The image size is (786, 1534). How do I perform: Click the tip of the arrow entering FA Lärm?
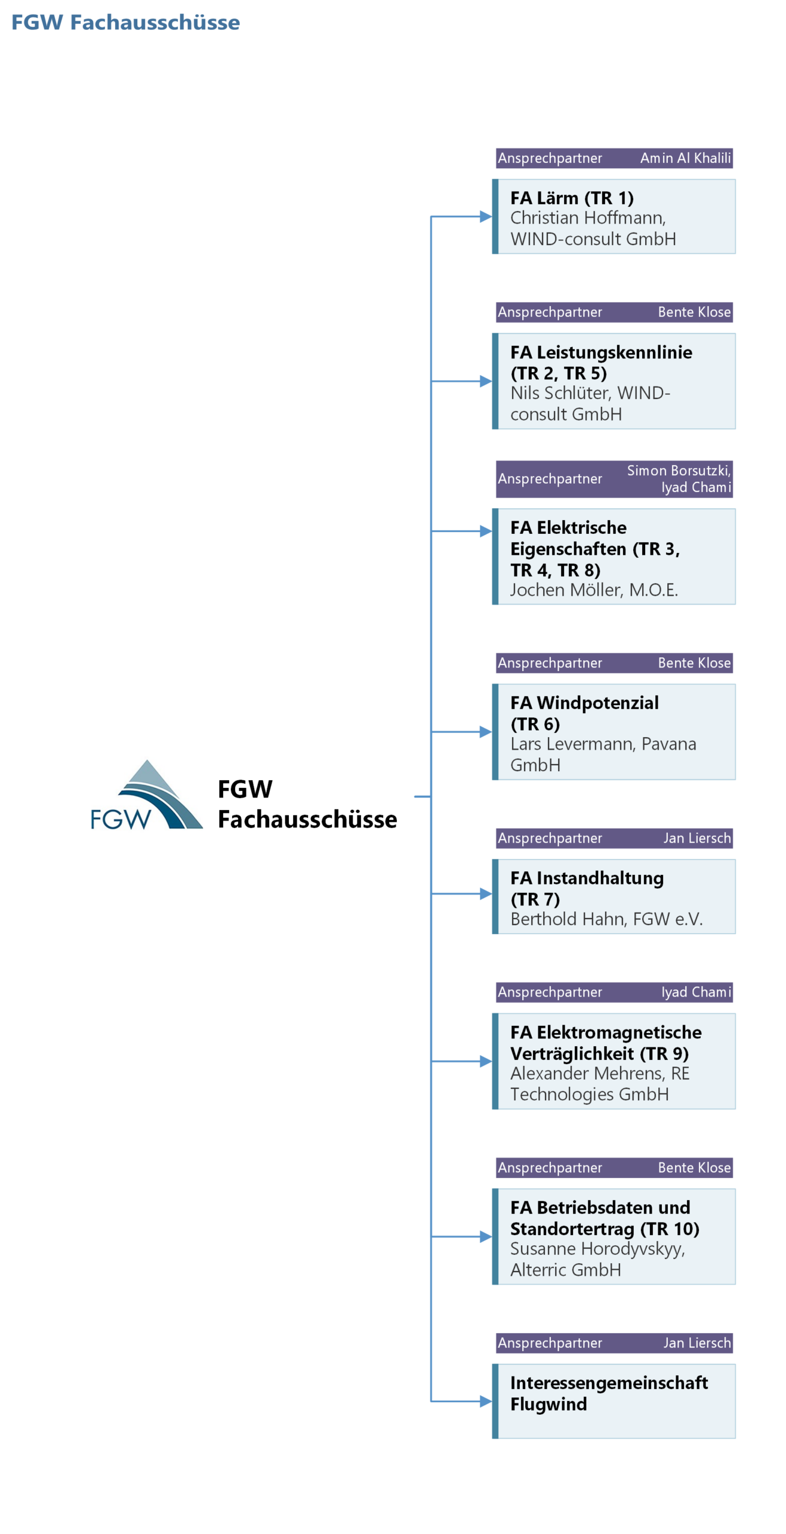click(492, 216)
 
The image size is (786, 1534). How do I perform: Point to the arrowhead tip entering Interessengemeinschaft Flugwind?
click(492, 1401)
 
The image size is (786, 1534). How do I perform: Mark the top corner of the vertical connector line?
click(430, 216)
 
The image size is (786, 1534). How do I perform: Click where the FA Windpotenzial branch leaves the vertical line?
click(430, 732)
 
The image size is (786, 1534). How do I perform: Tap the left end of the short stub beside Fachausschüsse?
click(414, 796)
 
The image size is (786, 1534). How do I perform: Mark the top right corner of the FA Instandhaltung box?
click(735, 859)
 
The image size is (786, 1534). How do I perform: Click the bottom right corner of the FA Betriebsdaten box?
click(735, 1284)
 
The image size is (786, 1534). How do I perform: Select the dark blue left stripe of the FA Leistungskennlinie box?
click(495, 381)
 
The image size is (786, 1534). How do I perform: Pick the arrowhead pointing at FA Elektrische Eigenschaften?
click(486, 531)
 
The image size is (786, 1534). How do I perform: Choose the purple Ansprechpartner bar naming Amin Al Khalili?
click(614, 158)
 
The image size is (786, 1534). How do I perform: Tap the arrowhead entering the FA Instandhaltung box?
click(486, 893)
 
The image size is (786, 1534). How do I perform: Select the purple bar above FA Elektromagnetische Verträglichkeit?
click(614, 992)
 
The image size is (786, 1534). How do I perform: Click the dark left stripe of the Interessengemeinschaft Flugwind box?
click(495, 1401)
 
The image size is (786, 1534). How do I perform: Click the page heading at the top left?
click(125, 22)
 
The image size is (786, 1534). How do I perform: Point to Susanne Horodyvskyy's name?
click(597, 1249)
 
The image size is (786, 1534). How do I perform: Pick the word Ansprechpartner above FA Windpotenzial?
click(550, 663)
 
